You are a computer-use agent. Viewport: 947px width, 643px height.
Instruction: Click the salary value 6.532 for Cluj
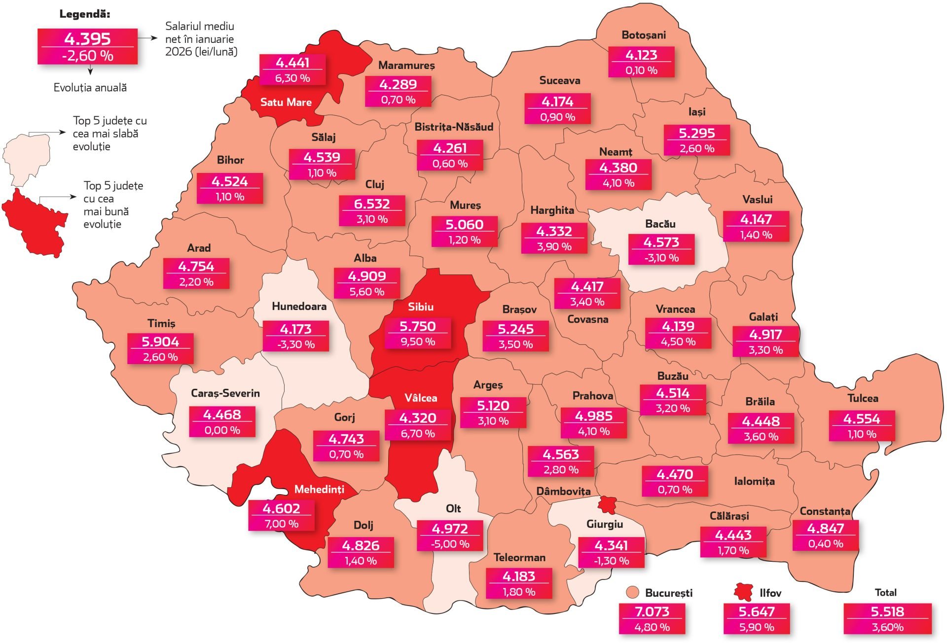[x=372, y=203]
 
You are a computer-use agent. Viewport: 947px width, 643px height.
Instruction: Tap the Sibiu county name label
[x=420, y=306]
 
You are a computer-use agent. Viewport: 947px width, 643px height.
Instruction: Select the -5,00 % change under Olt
[x=450, y=544]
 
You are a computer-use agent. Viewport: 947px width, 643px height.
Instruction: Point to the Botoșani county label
[x=643, y=35]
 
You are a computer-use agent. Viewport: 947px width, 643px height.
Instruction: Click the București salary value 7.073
[x=652, y=611]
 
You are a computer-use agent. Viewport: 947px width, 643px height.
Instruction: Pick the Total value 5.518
[x=887, y=611]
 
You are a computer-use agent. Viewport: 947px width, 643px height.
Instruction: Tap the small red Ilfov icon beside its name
[x=743, y=592]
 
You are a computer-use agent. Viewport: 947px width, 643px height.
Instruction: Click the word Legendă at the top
[x=84, y=14]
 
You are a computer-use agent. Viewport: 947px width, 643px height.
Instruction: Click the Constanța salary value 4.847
[x=825, y=528]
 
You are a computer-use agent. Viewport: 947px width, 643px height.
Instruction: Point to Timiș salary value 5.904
[x=160, y=341]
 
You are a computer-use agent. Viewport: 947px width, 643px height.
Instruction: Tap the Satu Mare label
[x=286, y=102]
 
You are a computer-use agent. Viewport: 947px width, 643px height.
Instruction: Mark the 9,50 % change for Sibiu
[x=417, y=341]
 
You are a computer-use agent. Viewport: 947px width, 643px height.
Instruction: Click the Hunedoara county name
[x=299, y=306]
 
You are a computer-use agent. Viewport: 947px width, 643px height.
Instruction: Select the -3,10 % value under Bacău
[x=661, y=258]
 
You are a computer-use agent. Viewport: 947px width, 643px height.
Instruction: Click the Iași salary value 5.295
[x=696, y=133]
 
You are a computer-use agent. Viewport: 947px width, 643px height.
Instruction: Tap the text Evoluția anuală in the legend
[x=90, y=88]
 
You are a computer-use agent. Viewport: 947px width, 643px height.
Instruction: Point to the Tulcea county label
[x=862, y=398]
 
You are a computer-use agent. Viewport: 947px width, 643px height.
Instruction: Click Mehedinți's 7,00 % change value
[x=281, y=524]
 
